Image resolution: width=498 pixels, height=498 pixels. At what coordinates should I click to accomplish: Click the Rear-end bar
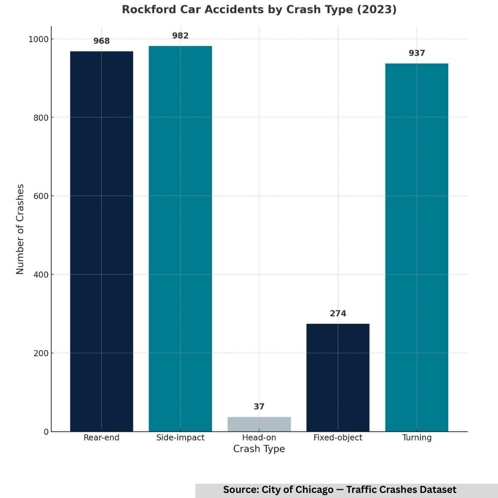point(102,241)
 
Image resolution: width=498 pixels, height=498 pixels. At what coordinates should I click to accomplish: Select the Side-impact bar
point(180,239)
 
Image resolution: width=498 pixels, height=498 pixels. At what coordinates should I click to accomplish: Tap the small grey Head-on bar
point(259,424)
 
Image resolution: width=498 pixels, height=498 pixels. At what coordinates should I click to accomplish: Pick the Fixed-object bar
point(338,378)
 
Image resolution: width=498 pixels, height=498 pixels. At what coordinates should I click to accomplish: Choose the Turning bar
point(417,247)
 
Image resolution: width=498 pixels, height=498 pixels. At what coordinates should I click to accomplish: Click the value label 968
point(102,41)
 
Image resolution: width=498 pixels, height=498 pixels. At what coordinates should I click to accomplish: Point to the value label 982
point(180,36)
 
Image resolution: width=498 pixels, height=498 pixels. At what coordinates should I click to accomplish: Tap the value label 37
point(259,407)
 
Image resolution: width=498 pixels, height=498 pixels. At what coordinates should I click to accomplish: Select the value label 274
point(338,314)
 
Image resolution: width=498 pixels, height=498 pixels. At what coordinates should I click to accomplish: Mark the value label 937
point(417,53)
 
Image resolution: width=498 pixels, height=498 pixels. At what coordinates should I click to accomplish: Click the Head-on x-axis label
point(259,438)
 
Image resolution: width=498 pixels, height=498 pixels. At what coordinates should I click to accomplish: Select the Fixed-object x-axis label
point(338,438)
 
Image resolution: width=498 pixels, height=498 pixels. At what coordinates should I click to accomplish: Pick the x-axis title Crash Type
point(259,449)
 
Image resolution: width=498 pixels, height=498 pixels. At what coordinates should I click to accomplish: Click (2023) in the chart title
point(379,10)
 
